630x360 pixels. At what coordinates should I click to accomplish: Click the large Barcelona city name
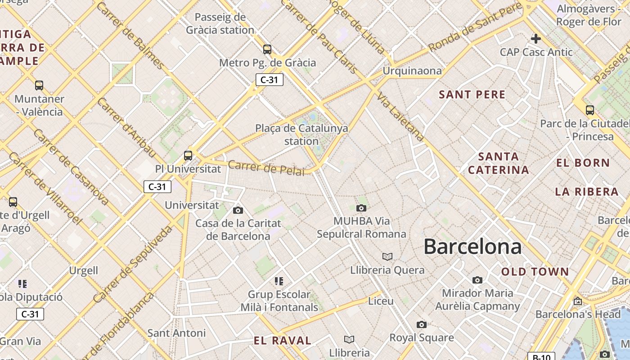click(x=472, y=247)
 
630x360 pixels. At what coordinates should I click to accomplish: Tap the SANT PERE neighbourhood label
click(x=472, y=94)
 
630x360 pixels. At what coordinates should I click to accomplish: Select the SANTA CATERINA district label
click(x=498, y=163)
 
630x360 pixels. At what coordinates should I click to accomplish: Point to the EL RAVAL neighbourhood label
click(x=283, y=341)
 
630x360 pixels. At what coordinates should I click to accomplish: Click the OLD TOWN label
click(x=535, y=272)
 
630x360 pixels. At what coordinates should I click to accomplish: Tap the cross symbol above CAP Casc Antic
click(x=535, y=39)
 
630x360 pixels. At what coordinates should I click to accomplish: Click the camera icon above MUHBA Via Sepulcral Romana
click(x=361, y=208)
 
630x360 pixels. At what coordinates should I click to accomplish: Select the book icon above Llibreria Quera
click(x=387, y=256)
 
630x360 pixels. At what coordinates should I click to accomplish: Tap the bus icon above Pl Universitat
click(x=188, y=156)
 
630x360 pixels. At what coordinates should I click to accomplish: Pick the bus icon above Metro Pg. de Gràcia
click(x=267, y=49)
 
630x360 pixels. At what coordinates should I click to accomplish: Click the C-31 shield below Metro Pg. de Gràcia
click(x=269, y=80)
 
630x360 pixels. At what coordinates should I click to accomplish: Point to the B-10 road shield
click(x=541, y=357)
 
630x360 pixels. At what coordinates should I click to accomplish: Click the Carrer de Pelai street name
click(x=266, y=168)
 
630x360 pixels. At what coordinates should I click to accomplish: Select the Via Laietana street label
click(x=400, y=117)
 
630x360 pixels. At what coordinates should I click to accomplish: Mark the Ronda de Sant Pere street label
click(x=475, y=27)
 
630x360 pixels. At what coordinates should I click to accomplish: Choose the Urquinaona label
click(x=412, y=71)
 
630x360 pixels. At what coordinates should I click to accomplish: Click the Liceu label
click(x=381, y=301)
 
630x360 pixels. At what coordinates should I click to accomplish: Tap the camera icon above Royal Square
click(x=421, y=324)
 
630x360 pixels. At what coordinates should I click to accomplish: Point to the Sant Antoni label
click(x=176, y=333)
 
